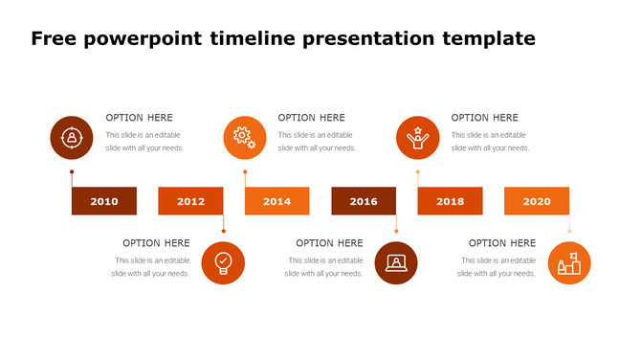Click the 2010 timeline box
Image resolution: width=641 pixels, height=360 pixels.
pos(104,201)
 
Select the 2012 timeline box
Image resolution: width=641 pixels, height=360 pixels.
pos(190,201)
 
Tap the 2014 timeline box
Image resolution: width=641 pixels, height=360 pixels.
pos(276,201)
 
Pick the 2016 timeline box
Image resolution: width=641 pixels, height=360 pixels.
pos(364,201)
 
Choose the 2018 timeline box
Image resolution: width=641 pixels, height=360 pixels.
pos(450,201)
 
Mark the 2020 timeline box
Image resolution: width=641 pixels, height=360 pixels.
pos(537,201)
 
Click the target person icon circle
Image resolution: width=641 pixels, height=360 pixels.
pos(71,138)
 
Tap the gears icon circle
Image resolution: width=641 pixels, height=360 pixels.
pos(244,138)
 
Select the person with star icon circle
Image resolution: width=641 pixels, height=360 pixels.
pos(417,138)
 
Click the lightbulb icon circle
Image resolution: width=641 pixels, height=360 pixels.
pos(223,262)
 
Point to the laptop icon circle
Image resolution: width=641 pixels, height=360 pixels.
pos(396,262)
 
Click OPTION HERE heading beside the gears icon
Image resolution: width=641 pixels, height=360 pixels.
pos(311,118)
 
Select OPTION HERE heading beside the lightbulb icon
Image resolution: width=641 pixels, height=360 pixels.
pos(156,243)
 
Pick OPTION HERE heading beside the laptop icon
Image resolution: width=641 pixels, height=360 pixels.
pos(329,243)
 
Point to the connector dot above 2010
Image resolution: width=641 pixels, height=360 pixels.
pos(72,172)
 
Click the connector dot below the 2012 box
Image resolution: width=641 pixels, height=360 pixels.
pos(223,231)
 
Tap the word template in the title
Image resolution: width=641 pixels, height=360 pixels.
pos(488,39)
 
